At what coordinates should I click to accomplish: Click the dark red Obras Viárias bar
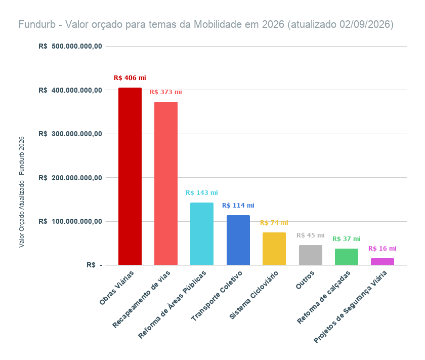pyautogui.click(x=130, y=176)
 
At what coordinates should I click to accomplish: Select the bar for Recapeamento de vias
pyautogui.click(x=166, y=183)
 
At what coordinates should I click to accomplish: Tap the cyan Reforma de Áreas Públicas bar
pyautogui.click(x=202, y=233)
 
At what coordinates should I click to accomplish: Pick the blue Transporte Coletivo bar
pyautogui.click(x=238, y=240)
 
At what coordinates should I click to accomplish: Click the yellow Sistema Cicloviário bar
pyautogui.click(x=274, y=249)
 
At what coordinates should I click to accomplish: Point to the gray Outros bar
pyautogui.click(x=310, y=255)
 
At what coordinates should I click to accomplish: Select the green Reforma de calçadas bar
pyautogui.click(x=347, y=257)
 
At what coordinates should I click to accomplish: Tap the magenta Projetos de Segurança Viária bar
pyautogui.click(x=382, y=262)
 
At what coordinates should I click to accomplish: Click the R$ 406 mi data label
pyautogui.click(x=130, y=78)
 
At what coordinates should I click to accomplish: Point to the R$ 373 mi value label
pyautogui.click(x=166, y=92)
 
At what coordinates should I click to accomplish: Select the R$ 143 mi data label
pyautogui.click(x=202, y=193)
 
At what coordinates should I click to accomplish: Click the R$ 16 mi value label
pyautogui.click(x=382, y=249)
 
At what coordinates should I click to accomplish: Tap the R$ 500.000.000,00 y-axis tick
pyautogui.click(x=70, y=47)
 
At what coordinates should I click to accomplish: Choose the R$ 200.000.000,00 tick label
pyautogui.click(x=70, y=178)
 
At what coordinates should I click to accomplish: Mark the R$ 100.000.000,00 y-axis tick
pyautogui.click(x=70, y=222)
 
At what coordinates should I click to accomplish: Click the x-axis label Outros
pyautogui.click(x=305, y=279)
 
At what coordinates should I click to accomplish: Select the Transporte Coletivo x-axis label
pyautogui.click(x=217, y=296)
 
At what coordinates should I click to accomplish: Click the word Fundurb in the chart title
pyautogui.click(x=37, y=24)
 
